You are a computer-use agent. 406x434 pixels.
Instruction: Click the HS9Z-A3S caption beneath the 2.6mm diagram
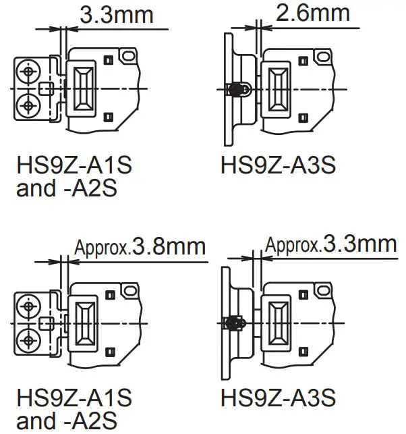(279, 165)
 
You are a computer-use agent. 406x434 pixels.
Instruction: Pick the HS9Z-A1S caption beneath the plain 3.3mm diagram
(74, 165)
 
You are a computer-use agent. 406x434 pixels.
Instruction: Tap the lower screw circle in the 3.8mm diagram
(28, 340)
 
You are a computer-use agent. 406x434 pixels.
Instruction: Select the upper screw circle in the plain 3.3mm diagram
(28, 72)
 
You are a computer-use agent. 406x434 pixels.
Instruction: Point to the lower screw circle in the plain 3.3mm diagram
(28, 105)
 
